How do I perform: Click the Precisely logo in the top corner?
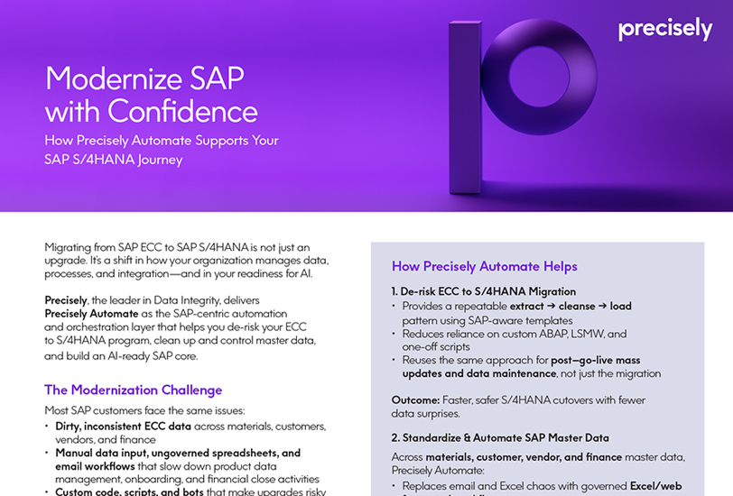coord(665,29)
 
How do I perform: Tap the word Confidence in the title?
coord(183,112)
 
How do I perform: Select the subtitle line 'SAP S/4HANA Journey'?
coord(114,160)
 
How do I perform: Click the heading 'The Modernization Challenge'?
coord(133,390)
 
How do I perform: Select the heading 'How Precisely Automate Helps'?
coord(485,266)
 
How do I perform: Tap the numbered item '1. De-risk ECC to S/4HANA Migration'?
coord(484,291)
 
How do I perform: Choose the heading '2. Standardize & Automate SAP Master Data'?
coord(500,437)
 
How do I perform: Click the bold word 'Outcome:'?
coord(415,400)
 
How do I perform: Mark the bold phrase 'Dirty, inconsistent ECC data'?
coord(131,426)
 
